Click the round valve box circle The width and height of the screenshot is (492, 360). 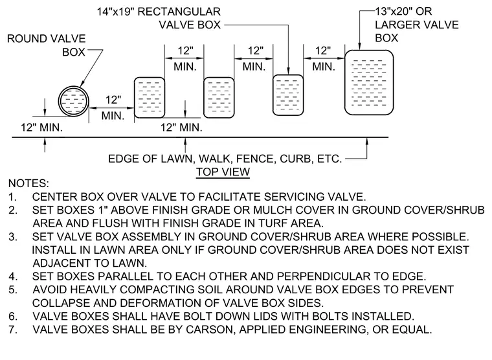59,102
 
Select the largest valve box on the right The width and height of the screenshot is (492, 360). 369,82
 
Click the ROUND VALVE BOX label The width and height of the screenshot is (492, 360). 47,45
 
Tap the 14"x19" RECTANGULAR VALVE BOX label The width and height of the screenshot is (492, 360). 159,18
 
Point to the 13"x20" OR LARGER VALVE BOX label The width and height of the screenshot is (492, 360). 417,25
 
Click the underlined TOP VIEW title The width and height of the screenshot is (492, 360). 223,172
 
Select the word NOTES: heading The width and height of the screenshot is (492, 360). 28,183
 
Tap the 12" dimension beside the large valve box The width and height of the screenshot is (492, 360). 323,51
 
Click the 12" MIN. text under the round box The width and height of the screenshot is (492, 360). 41,128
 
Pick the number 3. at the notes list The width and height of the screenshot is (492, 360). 12,236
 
